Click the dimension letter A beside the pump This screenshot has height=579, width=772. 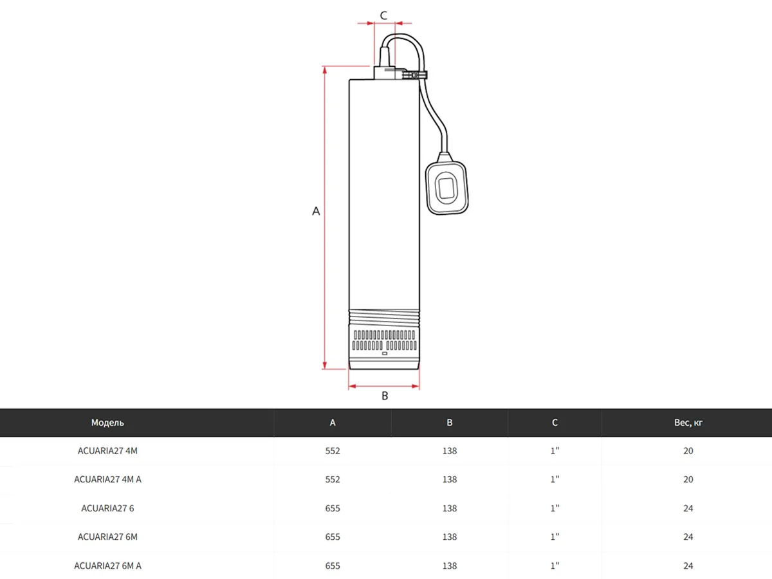(x=316, y=211)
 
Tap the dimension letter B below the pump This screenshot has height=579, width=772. (x=385, y=396)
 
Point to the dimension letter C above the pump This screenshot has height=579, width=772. (x=383, y=15)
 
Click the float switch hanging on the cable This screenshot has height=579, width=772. (x=446, y=183)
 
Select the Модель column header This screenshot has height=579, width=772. (x=107, y=423)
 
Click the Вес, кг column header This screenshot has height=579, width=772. (x=688, y=423)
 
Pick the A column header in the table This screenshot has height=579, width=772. (x=333, y=423)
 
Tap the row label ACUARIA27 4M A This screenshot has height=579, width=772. (x=107, y=479)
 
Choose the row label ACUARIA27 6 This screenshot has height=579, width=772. (x=107, y=508)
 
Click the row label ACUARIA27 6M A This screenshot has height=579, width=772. (x=107, y=565)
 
